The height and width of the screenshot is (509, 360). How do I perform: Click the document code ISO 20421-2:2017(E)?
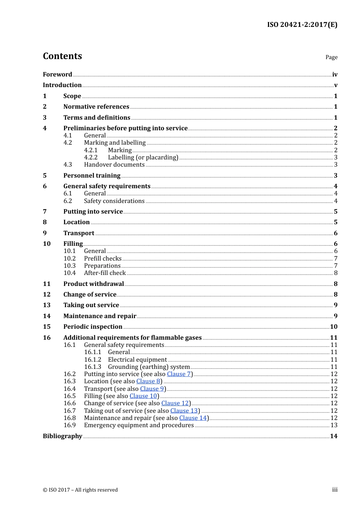coord(302,25)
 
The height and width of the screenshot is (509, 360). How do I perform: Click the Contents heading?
coord(63,56)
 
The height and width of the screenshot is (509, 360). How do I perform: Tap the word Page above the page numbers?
coord(331,57)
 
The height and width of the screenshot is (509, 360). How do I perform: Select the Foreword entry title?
coord(57,74)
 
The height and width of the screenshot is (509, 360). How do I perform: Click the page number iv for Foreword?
coord(335,75)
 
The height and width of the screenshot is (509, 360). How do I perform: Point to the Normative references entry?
coord(96,107)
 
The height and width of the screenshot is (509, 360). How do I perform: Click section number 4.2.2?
coord(91,157)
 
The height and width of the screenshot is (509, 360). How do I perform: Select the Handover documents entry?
coord(114,164)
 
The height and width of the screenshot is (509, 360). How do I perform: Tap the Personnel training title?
coord(92,175)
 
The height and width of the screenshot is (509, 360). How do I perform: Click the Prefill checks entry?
coord(103,258)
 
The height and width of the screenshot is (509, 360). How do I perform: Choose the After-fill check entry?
coord(105,273)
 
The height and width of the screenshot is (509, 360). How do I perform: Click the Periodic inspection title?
coord(93,326)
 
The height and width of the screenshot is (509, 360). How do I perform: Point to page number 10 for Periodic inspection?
coord(333,326)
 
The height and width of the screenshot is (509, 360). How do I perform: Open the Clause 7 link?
coord(179,374)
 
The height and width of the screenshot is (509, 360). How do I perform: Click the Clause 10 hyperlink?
coord(143,396)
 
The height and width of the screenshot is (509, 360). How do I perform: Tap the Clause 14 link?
coord(193,418)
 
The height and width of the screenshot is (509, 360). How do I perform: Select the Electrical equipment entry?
coord(137,359)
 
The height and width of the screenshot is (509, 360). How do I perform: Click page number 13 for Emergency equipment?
coord(334,425)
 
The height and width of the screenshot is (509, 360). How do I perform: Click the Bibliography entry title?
coord(63,436)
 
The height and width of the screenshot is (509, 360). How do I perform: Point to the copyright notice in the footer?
coord(80,490)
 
